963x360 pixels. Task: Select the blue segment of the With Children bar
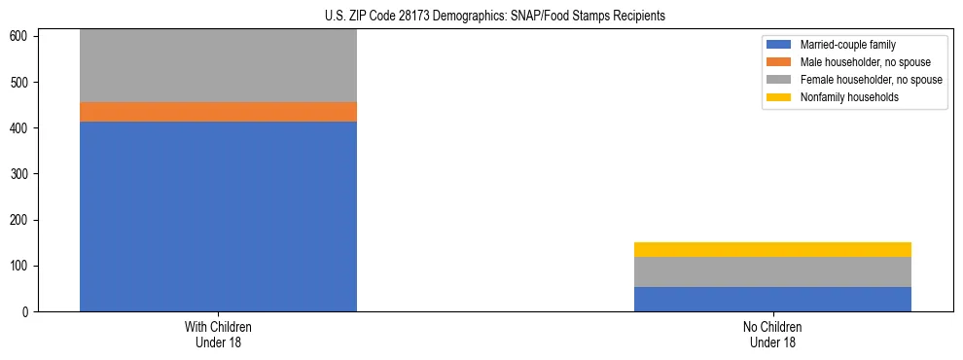click(x=218, y=216)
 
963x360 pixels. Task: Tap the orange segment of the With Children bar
click(x=218, y=112)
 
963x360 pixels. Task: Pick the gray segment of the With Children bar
click(x=218, y=66)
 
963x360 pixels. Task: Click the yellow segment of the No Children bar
click(x=772, y=249)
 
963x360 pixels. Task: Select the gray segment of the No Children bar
click(x=772, y=271)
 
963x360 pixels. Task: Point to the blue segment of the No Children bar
click(x=772, y=299)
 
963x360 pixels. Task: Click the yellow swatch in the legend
click(x=779, y=97)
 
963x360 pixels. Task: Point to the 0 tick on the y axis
click(x=28, y=312)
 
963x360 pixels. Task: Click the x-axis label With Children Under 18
click(x=218, y=335)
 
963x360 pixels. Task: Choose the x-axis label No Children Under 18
click(x=772, y=335)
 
